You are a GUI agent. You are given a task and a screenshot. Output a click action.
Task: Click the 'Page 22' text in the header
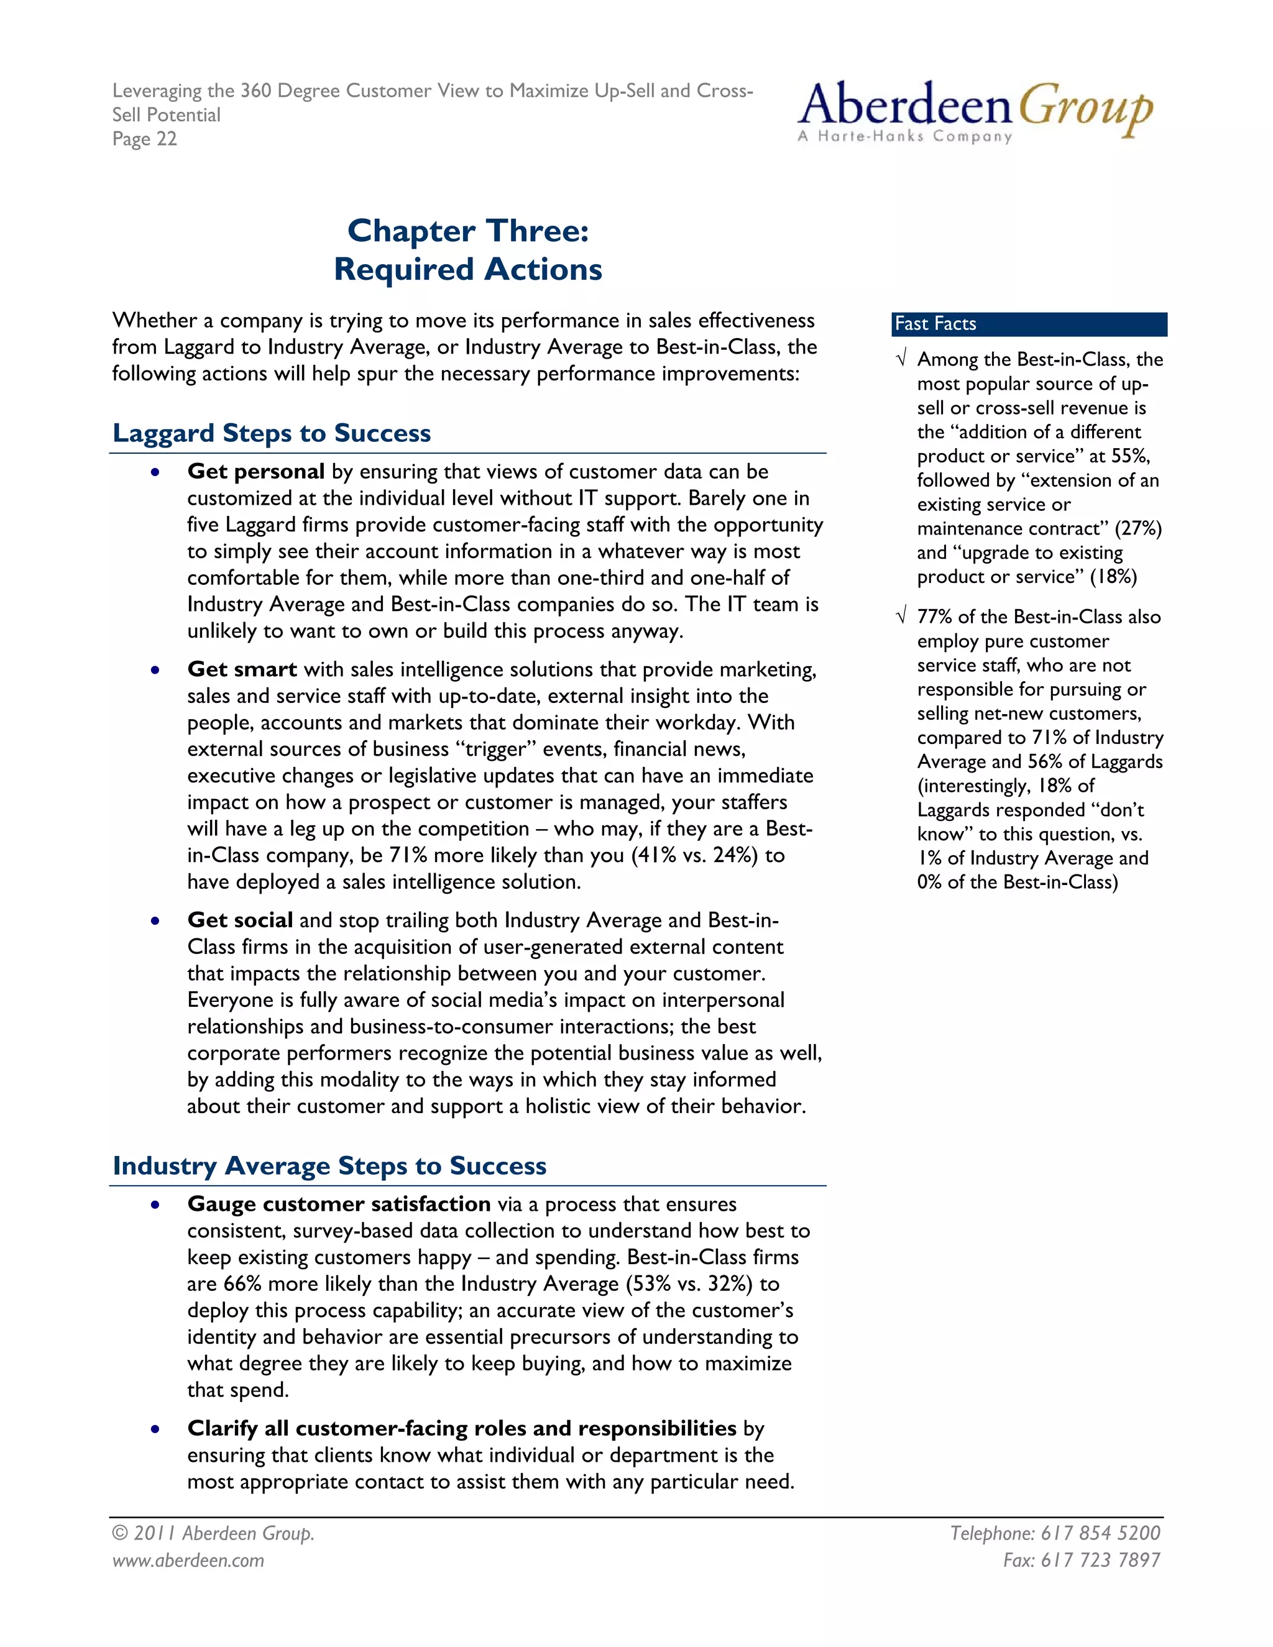144,139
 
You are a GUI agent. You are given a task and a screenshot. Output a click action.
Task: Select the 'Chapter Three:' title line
467,231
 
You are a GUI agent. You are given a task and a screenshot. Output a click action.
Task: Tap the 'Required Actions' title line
467,269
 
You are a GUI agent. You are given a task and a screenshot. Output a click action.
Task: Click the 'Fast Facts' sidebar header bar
1029,324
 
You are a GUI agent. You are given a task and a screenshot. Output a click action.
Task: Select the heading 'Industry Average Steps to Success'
329,1165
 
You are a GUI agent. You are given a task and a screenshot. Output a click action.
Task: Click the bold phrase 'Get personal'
255,471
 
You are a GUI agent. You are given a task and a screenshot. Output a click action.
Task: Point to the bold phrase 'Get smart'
242,669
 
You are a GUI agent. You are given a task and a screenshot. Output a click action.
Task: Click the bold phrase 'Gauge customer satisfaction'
339,1204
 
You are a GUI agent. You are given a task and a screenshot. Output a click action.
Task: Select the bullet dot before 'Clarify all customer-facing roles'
155,1429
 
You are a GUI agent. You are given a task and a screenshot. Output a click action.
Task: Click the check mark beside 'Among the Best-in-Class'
901,359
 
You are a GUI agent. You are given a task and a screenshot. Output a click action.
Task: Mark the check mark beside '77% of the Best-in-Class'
901,617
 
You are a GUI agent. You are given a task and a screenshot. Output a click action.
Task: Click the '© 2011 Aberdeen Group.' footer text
213,1533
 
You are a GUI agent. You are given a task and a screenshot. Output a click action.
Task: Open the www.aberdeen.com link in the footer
188,1560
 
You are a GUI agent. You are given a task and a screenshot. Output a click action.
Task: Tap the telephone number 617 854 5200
1100,1533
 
